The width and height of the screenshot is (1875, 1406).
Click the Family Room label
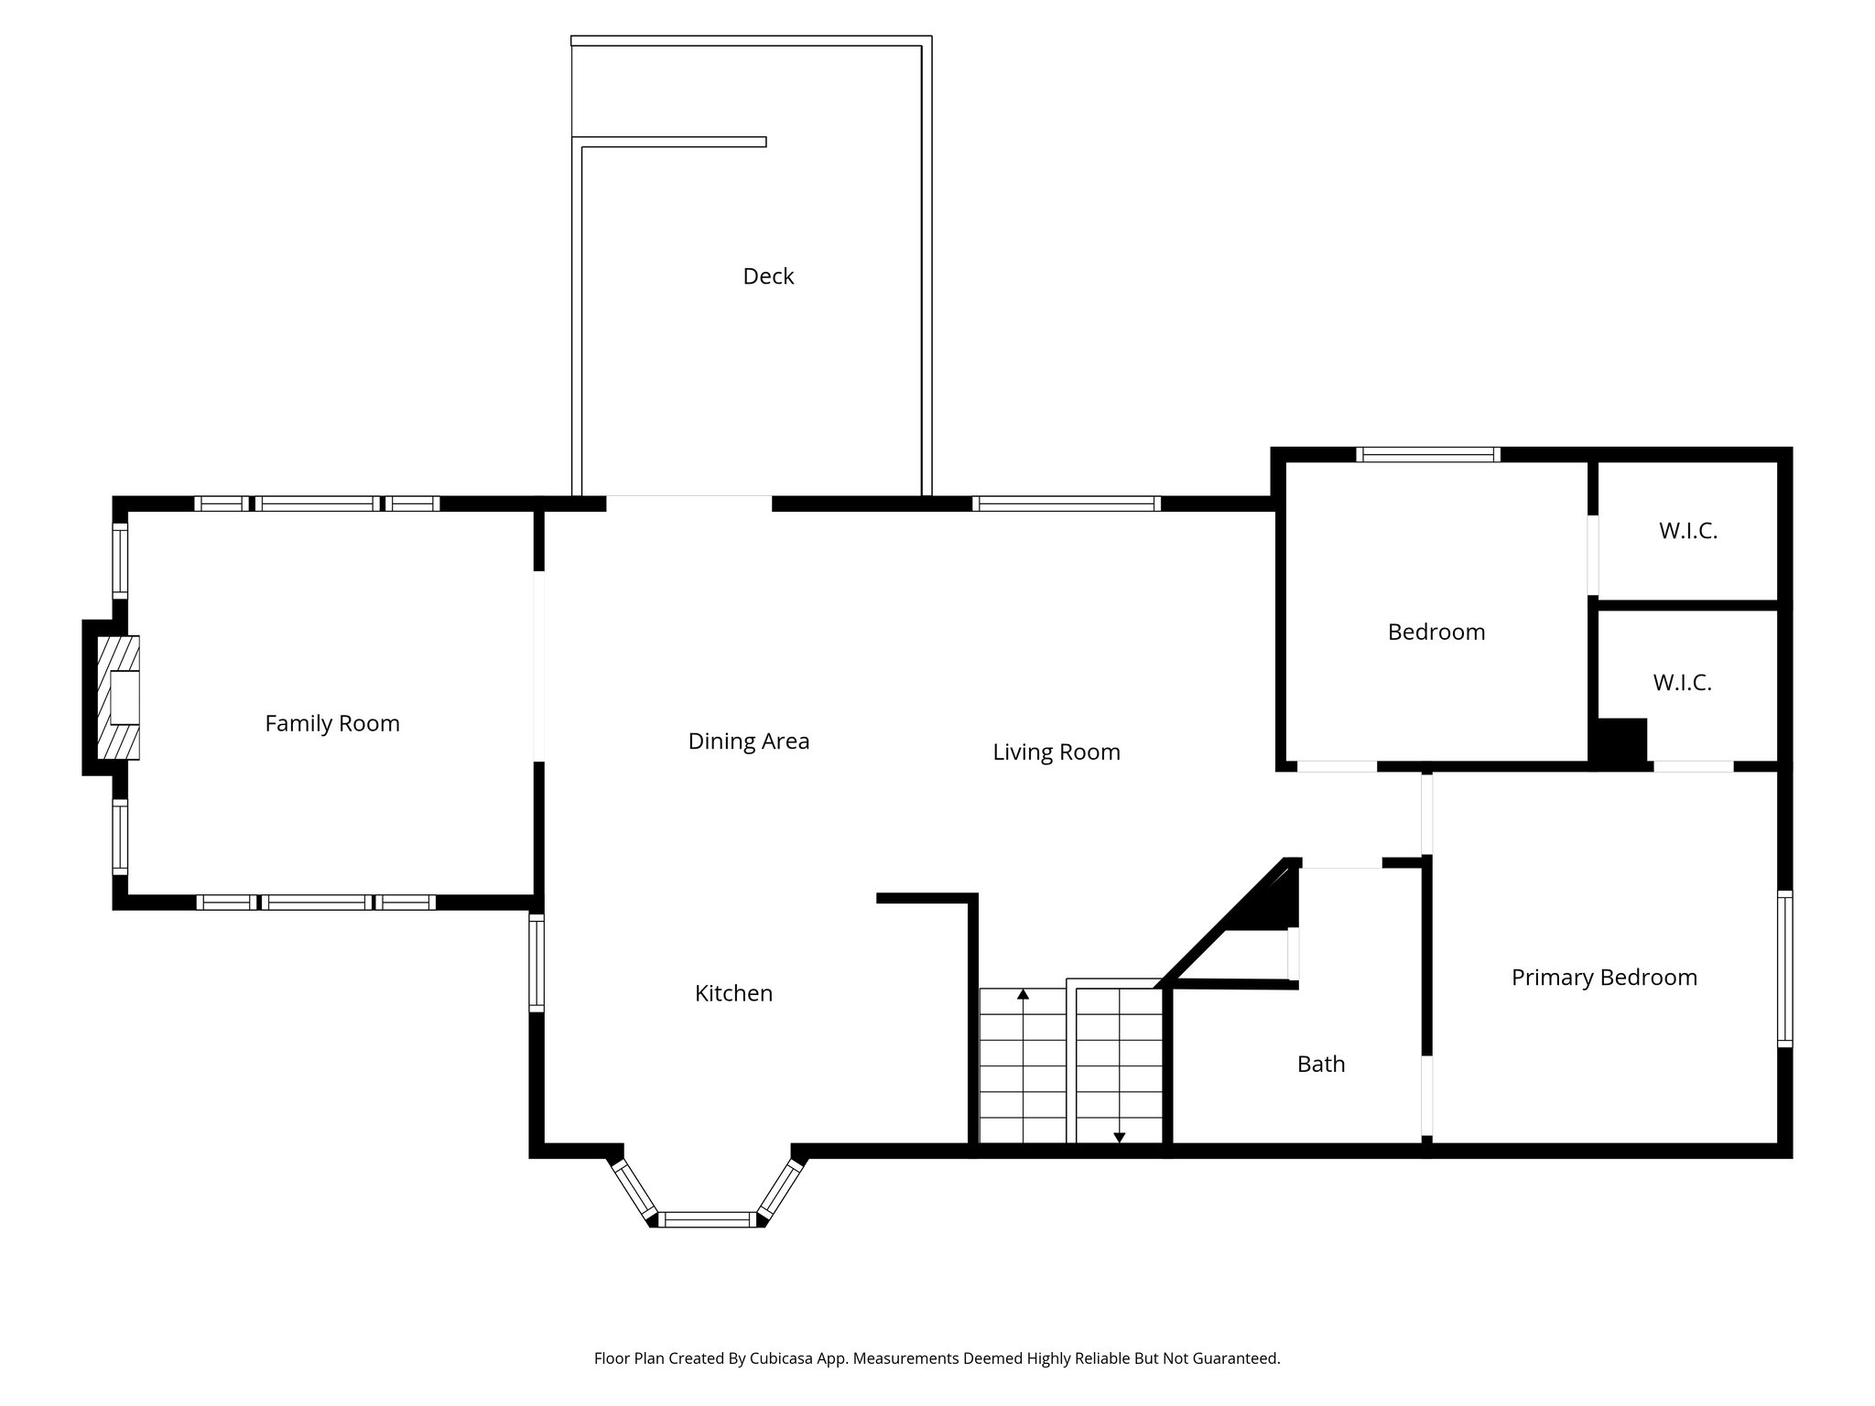(x=332, y=723)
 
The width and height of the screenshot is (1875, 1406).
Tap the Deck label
(x=768, y=276)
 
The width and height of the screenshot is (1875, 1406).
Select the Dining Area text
(x=748, y=741)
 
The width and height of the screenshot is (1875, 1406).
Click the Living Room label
(x=1056, y=752)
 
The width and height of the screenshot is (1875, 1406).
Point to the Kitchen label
(x=733, y=993)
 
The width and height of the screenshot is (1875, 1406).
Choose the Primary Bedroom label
(x=1604, y=978)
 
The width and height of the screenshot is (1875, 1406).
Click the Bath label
(x=1320, y=1064)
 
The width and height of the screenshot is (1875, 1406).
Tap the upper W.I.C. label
(x=1687, y=531)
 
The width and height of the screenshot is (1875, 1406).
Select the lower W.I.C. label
(x=1682, y=683)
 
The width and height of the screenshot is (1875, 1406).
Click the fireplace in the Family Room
(x=119, y=698)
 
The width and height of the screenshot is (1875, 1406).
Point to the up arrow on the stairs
(x=1023, y=994)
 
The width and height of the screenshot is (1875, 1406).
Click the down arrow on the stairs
(x=1119, y=1137)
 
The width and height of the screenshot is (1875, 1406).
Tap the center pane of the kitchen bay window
(x=707, y=1219)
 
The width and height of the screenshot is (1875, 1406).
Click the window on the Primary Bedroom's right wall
(x=1784, y=968)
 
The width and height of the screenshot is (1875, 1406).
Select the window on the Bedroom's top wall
(x=1427, y=454)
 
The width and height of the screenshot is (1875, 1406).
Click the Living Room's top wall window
(x=1066, y=503)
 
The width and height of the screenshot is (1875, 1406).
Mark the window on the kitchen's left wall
(x=537, y=963)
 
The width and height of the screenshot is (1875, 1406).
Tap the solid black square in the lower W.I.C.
(x=1621, y=741)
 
